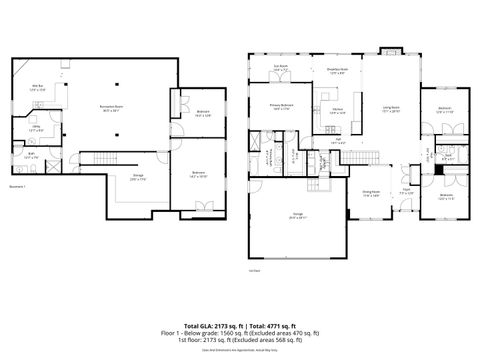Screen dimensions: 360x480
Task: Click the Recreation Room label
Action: (124, 107)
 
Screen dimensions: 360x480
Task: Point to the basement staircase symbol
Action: (106, 160)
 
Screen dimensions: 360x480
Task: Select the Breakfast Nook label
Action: (337, 70)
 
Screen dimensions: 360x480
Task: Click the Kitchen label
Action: (338, 111)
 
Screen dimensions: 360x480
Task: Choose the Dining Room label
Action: (370, 195)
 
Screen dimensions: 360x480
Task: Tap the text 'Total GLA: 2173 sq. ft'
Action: (207, 325)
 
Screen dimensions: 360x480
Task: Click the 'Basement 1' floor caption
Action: (18, 187)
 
